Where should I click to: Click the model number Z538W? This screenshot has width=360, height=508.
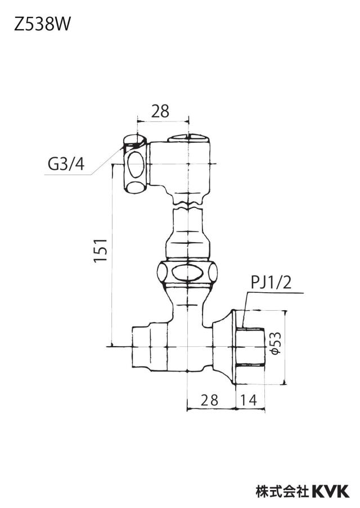pyautogui.click(x=42, y=24)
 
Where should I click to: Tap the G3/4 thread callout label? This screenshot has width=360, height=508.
pyautogui.click(x=66, y=164)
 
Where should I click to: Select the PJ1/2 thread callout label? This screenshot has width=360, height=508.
pyautogui.click(x=271, y=283)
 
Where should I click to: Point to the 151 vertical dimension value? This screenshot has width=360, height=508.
pyautogui.click(x=101, y=251)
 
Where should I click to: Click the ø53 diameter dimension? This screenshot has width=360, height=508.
pyautogui.click(x=276, y=344)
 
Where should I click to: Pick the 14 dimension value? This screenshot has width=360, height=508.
pyautogui.click(x=249, y=400)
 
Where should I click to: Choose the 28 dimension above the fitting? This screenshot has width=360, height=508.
pyautogui.click(x=160, y=111)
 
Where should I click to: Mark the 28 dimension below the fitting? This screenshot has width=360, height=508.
pyautogui.click(x=209, y=400)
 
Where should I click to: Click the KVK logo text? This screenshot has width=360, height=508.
pyautogui.click(x=331, y=491)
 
